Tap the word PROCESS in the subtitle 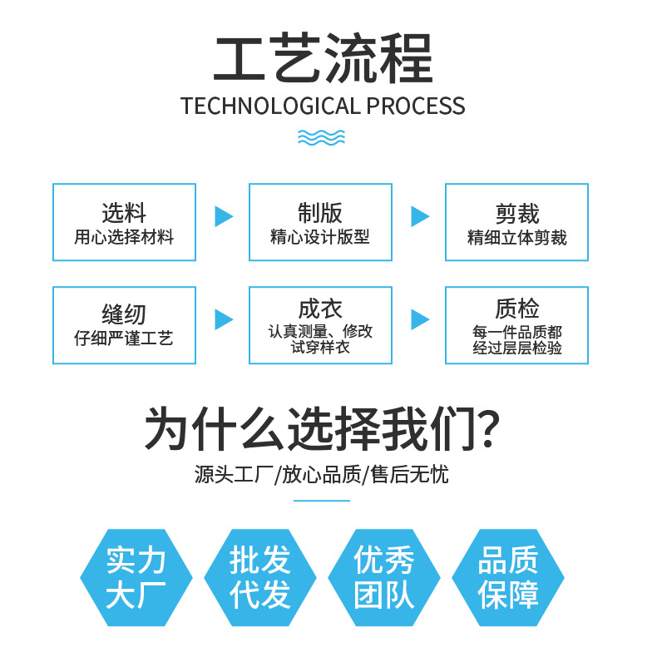[416, 106]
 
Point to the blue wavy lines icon [322, 137]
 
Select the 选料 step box [124, 222]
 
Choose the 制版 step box [320, 222]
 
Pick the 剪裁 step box [516, 222]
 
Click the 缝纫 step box [124, 325]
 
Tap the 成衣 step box [320, 325]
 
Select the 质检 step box [516, 325]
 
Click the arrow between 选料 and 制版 [224, 216]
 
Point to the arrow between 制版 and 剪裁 [420, 216]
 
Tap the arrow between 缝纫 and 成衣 [224, 319]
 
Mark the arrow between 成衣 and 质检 [420, 319]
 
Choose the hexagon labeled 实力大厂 [136, 577]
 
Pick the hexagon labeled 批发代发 [260, 577]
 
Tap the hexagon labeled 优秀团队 [384, 577]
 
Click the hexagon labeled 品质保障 [508, 577]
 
